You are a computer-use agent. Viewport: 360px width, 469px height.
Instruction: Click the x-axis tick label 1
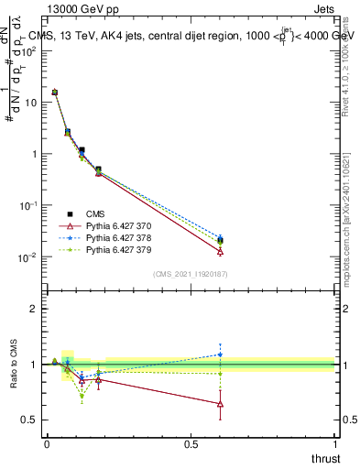click(x=334, y=444)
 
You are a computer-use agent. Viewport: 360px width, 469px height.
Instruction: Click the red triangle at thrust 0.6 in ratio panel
click(x=220, y=403)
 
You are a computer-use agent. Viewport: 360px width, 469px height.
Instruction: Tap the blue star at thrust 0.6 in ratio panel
click(x=220, y=354)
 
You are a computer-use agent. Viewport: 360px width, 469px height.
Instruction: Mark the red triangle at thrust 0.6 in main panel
click(x=220, y=251)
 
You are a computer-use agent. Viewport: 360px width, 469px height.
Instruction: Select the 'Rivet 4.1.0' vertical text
click(x=349, y=73)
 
